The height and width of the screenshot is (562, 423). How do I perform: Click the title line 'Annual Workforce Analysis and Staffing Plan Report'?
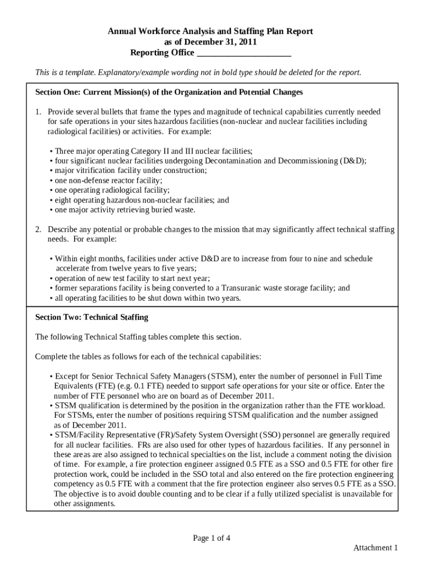click(x=210, y=32)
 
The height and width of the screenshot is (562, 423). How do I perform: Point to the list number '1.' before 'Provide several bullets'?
click(x=38, y=112)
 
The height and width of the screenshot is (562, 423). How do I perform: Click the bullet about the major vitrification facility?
click(x=128, y=171)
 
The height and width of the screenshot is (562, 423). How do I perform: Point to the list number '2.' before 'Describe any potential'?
click(x=38, y=229)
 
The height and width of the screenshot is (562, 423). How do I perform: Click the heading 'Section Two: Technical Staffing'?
click(x=92, y=317)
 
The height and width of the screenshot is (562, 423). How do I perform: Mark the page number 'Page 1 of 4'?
click(x=211, y=538)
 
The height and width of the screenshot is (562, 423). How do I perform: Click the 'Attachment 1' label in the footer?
click(x=375, y=548)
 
